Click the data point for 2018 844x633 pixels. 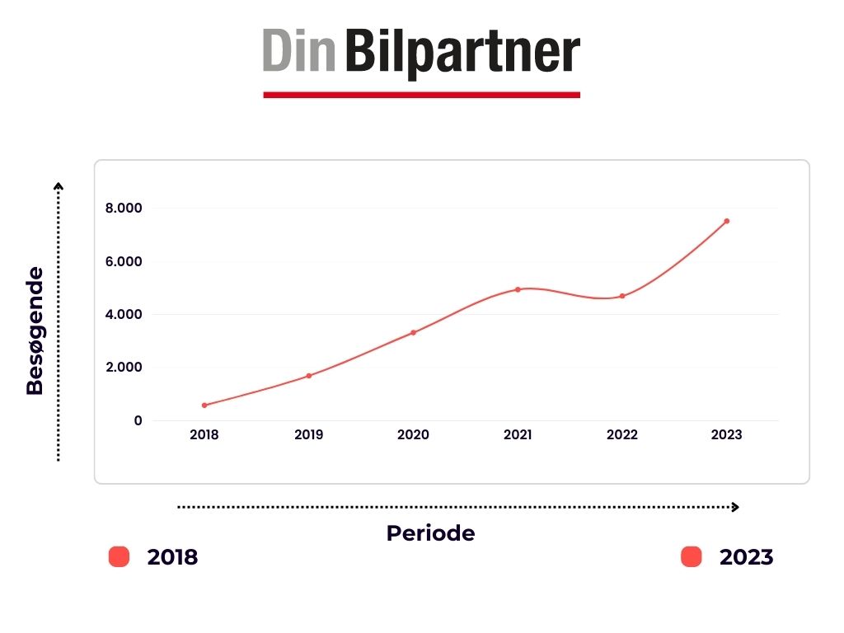[x=204, y=405]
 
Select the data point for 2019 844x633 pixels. [x=309, y=376]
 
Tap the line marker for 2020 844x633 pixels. [x=413, y=332]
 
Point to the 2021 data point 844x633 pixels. [x=518, y=289]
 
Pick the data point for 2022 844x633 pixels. [x=622, y=296]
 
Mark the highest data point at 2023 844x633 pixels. [x=726, y=221]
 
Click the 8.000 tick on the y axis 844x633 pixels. [x=124, y=209]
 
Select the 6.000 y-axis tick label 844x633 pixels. [x=124, y=262]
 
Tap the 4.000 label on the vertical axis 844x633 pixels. [x=124, y=315]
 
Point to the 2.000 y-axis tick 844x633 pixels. [x=124, y=368]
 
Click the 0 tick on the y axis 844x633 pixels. [x=138, y=420]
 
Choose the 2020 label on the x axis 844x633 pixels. [x=413, y=435]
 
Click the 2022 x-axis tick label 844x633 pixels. [x=622, y=435]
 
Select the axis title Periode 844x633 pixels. [x=430, y=533]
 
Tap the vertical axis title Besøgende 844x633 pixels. [x=35, y=330]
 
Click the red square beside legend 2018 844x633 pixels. [x=120, y=557]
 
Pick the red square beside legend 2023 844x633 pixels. [x=691, y=557]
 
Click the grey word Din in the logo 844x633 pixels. [x=299, y=52]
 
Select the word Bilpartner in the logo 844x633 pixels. [x=462, y=52]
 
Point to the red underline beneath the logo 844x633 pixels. [x=421, y=95]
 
